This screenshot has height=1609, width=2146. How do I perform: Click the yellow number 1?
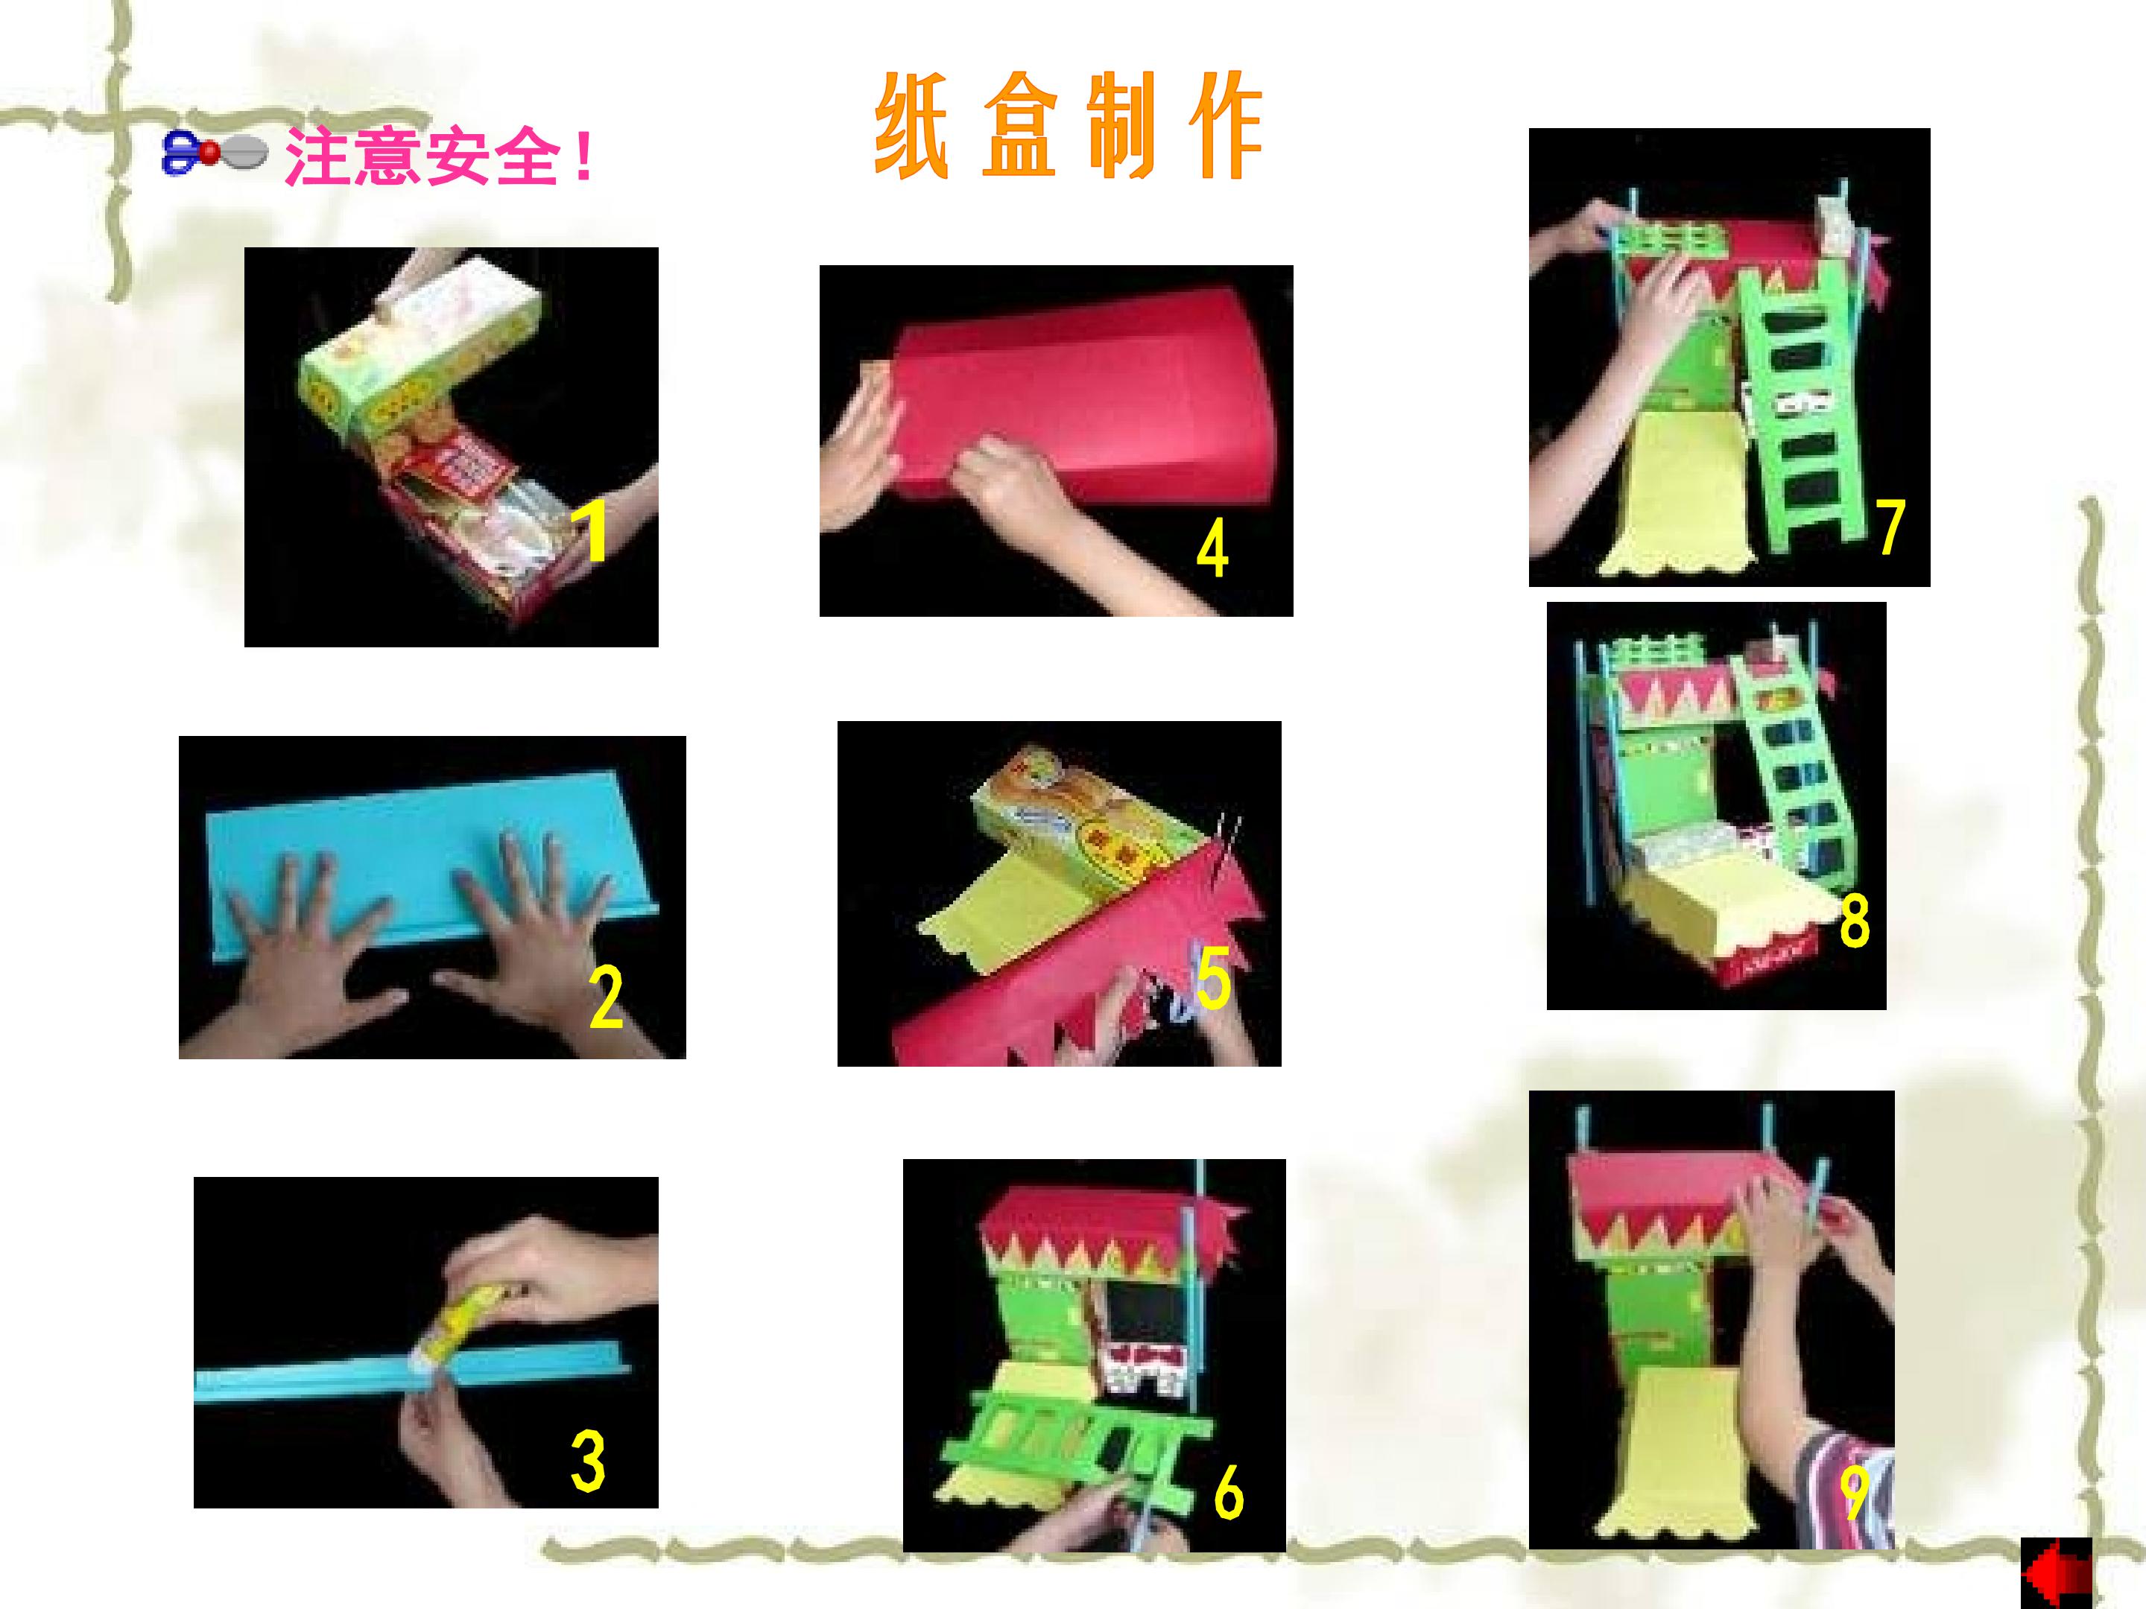pos(591,530)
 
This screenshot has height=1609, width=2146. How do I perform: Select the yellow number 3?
pos(588,1461)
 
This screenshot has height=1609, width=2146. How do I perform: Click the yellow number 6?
pos(1228,1491)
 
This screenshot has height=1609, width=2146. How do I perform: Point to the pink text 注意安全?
pos(424,158)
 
